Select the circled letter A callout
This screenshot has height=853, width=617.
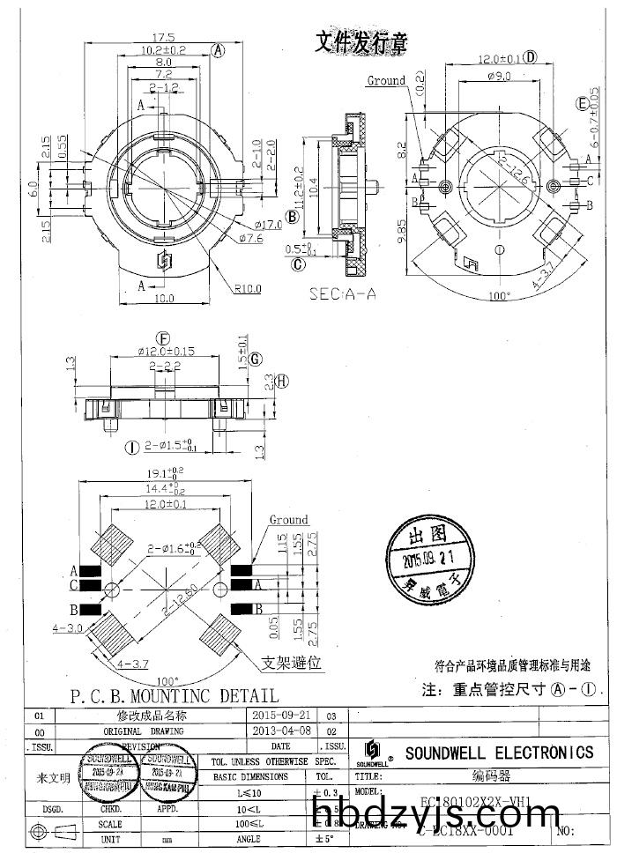pyautogui.click(x=219, y=51)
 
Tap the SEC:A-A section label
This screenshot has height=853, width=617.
pyautogui.click(x=342, y=293)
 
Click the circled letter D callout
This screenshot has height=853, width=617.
pyautogui.click(x=531, y=58)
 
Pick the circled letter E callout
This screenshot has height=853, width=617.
pyautogui.click(x=583, y=103)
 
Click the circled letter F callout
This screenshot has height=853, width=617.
pyautogui.click(x=162, y=338)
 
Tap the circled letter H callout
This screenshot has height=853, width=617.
pyautogui.click(x=282, y=381)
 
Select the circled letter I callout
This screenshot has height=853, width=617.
pyautogui.click(x=131, y=448)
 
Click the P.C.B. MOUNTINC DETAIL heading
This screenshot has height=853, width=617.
pyautogui.click(x=174, y=696)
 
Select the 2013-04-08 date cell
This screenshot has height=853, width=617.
pyautogui.click(x=281, y=731)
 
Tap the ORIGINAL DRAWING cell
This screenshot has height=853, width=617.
pyautogui.click(x=144, y=731)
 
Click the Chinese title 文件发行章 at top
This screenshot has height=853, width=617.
pyautogui.click(x=361, y=41)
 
